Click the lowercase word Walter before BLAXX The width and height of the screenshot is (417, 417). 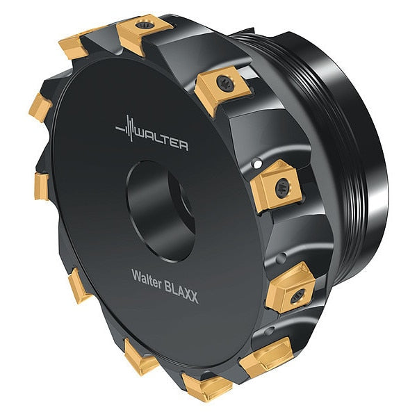(x=147, y=279)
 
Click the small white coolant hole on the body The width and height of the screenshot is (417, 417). (x=257, y=163)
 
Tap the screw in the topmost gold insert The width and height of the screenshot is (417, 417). (x=145, y=26)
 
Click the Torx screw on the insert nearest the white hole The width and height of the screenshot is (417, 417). (x=283, y=188)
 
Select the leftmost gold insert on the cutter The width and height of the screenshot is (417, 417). (x=40, y=107)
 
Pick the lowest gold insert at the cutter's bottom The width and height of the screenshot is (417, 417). (x=207, y=386)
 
